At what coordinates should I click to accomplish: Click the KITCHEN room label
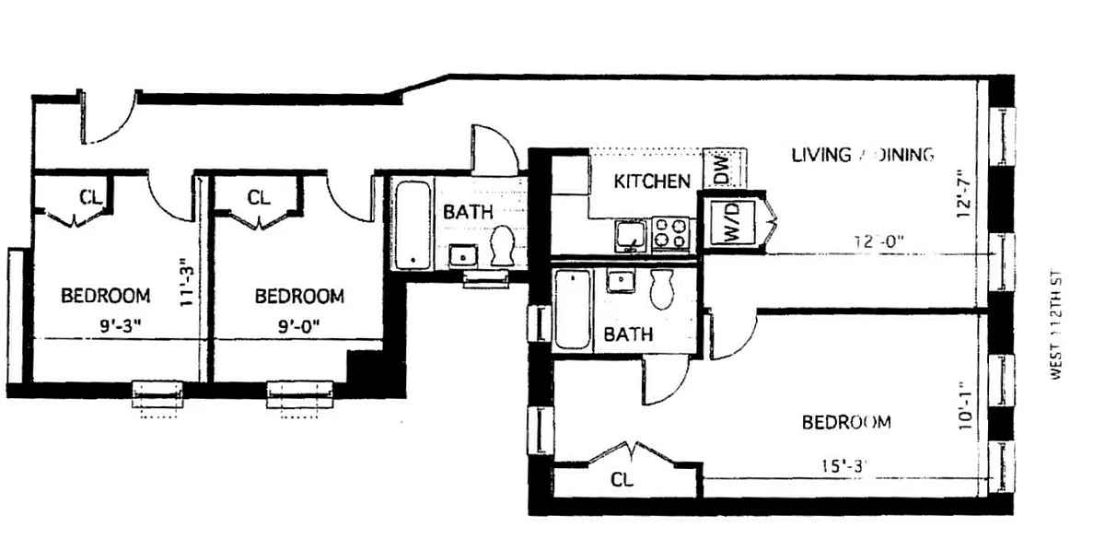[x=652, y=182]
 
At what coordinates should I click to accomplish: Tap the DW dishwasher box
[x=720, y=169]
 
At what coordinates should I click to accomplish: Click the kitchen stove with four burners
[x=670, y=233]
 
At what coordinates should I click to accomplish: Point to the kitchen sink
[x=632, y=233]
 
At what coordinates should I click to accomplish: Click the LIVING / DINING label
[x=863, y=155]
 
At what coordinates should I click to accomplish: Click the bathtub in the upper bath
[x=413, y=225]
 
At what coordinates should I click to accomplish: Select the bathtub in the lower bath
[x=572, y=310]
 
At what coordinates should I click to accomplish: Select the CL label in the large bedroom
[x=622, y=480]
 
